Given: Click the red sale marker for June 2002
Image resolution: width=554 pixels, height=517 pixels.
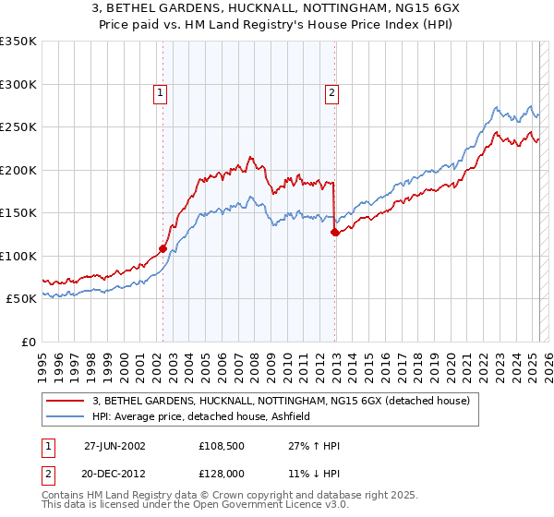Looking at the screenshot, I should click(163, 248).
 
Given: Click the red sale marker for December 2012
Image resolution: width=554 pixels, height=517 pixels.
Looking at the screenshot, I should click(334, 233).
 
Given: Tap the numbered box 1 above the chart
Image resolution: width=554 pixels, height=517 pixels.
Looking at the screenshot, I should click(161, 91).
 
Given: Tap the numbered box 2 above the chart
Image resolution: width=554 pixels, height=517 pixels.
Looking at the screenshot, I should click(331, 91).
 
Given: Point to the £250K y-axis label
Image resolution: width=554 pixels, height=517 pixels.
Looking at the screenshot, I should click(18, 127).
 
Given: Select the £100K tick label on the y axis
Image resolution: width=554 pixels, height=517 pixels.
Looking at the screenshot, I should click(18, 256).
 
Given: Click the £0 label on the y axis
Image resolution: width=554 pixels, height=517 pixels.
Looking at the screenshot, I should click(28, 342).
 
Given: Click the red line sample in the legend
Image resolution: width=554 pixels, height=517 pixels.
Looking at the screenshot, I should click(66, 401).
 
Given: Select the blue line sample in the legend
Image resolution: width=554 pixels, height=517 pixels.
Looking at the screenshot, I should click(66, 416).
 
